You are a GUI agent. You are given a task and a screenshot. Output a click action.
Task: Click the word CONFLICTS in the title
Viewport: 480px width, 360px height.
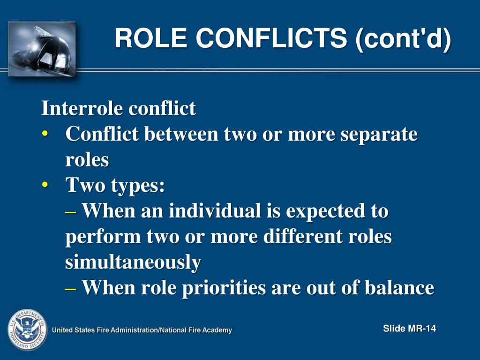click(x=271, y=38)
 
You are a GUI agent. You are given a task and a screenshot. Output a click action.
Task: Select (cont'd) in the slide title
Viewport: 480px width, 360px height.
click(x=403, y=38)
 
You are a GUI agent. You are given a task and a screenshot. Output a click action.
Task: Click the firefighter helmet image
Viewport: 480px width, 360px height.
click(x=42, y=48)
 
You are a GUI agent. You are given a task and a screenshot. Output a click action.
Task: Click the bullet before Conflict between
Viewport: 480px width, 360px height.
click(x=45, y=135)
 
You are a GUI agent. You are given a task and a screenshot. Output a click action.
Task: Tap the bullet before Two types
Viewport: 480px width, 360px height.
click(x=45, y=186)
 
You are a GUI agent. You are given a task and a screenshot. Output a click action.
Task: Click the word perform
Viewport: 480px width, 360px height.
click(x=103, y=237)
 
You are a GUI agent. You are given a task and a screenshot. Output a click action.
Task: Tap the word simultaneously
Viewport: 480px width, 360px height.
click(x=133, y=262)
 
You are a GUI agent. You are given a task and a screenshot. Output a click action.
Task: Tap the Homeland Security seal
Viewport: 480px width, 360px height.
click(x=27, y=330)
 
